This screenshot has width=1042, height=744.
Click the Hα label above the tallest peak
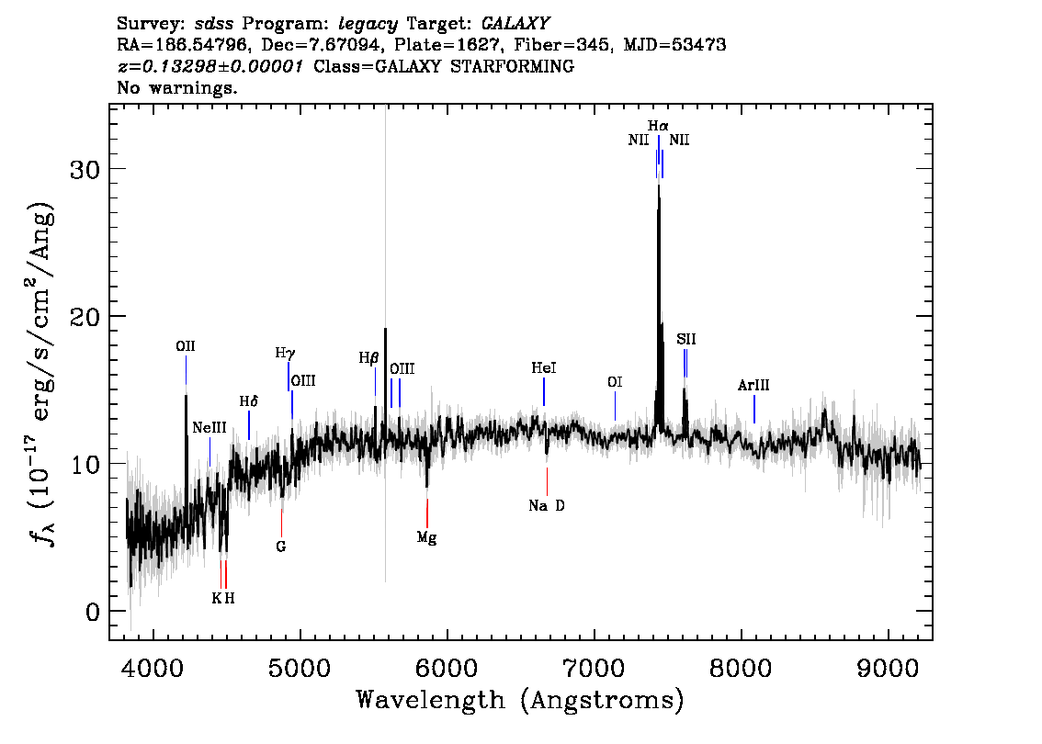coord(658,126)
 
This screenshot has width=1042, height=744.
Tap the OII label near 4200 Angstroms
coord(186,346)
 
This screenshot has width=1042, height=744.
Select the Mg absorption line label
coord(426,537)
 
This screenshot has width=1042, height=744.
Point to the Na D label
coord(547,505)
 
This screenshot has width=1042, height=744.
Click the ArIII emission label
coord(753,385)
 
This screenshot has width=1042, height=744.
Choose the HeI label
coord(544,368)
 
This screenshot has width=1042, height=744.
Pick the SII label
coord(686,340)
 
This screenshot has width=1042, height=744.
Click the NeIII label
coord(210,428)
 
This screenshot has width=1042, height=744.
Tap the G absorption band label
coord(281,547)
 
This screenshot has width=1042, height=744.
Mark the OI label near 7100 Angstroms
coord(615,382)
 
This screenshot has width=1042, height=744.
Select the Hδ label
coord(248,401)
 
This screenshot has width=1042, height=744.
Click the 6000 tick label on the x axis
coord(447,669)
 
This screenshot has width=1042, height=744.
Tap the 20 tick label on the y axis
coord(85,316)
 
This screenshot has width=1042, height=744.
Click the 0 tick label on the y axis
coord(93,611)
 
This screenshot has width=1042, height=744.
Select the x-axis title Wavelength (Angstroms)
coord(520,700)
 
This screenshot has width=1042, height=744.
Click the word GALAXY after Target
coord(515,24)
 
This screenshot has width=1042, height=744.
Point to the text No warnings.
coord(177,87)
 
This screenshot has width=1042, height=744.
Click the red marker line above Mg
coord(427,513)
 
